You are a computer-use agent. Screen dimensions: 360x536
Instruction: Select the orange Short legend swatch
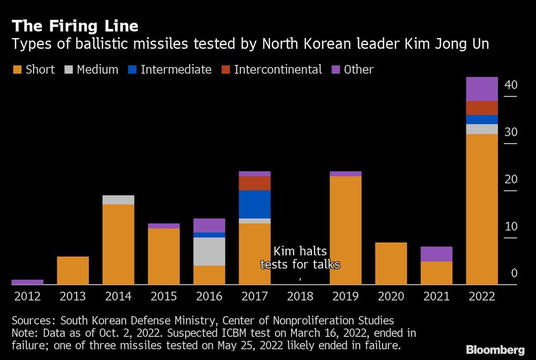pos(17,70)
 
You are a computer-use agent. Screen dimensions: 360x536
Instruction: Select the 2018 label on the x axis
pos(300,296)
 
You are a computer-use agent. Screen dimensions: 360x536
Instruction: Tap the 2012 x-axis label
pos(27,296)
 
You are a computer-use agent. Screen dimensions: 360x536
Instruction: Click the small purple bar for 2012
pos(27,282)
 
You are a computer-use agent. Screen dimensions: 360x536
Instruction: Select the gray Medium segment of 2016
pos(209,251)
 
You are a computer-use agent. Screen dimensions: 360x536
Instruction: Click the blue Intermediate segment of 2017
pos(255,204)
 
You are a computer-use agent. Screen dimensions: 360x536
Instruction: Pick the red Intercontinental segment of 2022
pos(482,108)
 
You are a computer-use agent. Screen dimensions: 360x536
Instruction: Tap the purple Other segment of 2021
pos(437,254)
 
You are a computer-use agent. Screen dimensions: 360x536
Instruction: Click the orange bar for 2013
pos(73,271)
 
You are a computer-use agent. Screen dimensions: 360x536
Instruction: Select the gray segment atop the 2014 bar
pos(118,200)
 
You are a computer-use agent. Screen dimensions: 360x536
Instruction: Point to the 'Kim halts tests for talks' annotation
pos(300,258)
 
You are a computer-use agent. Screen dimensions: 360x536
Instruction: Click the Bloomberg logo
pos(495,350)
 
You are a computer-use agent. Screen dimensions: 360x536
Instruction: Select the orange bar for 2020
pos(391,264)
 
